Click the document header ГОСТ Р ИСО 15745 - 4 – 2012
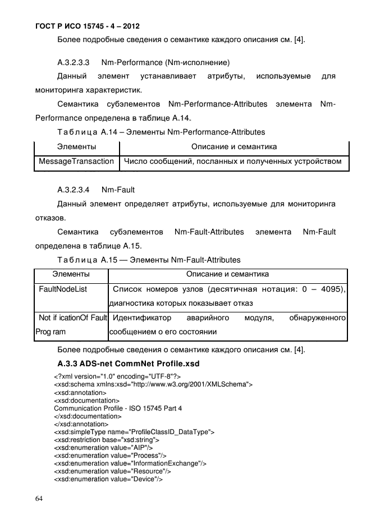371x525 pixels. [80, 26]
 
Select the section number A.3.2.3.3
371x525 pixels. [74, 61]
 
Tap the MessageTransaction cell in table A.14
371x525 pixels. [76, 162]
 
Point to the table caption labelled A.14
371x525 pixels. [161, 132]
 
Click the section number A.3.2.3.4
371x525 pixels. [74, 190]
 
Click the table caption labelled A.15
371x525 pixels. [149, 260]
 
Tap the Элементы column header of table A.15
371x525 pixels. [71, 274]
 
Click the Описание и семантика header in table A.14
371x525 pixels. [234, 147]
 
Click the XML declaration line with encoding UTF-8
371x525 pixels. [117, 376]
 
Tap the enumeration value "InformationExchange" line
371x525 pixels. [130, 463]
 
